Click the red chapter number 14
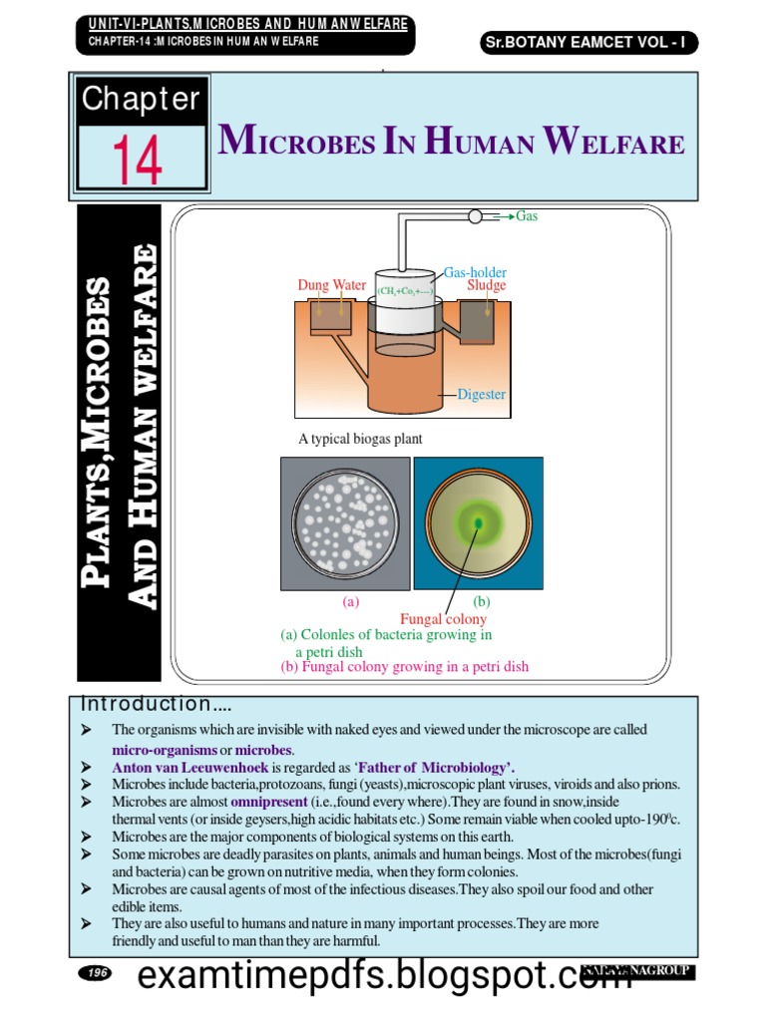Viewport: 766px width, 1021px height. [x=138, y=160]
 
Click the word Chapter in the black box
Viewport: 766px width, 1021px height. [x=141, y=99]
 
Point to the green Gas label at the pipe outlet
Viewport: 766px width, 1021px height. [x=527, y=215]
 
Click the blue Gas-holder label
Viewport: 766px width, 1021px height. [x=476, y=271]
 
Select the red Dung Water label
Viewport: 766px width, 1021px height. [x=332, y=285]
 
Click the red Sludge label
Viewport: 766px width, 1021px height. [x=487, y=285]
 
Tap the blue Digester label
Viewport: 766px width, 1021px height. [x=482, y=395]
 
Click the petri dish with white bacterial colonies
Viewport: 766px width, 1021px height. [x=346, y=523]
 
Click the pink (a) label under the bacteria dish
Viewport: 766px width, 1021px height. [x=349, y=602]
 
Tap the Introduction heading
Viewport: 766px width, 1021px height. [x=158, y=704]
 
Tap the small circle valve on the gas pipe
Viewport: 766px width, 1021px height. [x=475, y=216]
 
